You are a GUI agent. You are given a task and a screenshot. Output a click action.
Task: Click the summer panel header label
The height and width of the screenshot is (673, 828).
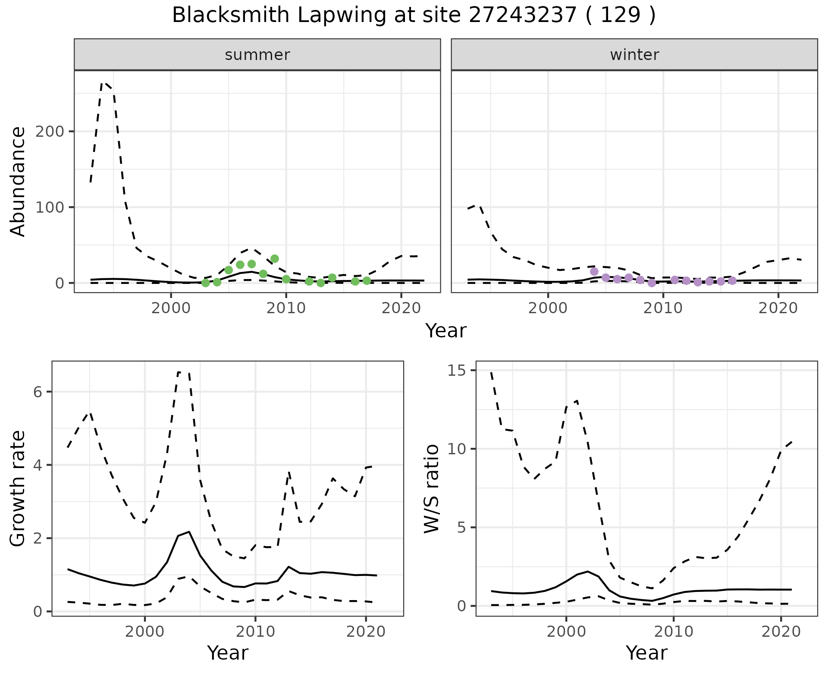(257, 55)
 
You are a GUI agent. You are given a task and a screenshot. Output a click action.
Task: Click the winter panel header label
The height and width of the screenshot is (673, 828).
(634, 55)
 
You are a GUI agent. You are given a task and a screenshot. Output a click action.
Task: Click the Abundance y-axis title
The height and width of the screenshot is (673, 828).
(18, 181)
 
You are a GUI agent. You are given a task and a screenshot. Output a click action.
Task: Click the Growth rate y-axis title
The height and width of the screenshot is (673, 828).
(18, 488)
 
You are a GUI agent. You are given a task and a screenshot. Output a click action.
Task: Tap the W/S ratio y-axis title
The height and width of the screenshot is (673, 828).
(432, 488)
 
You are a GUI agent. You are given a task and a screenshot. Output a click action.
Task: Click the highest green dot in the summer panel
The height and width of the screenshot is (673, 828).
(275, 259)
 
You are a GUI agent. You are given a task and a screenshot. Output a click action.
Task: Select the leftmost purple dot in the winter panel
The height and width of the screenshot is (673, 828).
(594, 271)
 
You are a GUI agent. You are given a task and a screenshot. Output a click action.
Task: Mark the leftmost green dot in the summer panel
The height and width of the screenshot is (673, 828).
(206, 283)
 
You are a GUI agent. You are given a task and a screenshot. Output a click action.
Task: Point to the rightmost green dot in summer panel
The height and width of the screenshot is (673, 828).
(367, 281)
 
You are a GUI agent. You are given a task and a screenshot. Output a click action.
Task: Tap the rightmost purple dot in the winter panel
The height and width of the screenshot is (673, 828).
(732, 281)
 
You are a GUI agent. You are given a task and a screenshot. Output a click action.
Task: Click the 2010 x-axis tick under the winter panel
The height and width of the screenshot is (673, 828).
(663, 308)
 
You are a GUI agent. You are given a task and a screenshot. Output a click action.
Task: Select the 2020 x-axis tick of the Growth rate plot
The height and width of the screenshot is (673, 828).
(366, 632)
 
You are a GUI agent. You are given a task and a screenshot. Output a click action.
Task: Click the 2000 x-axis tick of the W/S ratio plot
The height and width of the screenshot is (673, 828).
(566, 632)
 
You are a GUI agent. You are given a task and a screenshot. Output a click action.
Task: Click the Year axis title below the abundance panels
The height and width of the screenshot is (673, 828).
(446, 331)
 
